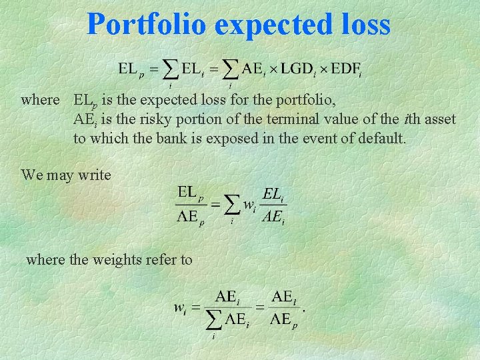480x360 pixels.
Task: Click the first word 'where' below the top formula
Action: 40,101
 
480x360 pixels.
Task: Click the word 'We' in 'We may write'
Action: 31,175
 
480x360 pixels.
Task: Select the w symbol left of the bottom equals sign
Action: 180,307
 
